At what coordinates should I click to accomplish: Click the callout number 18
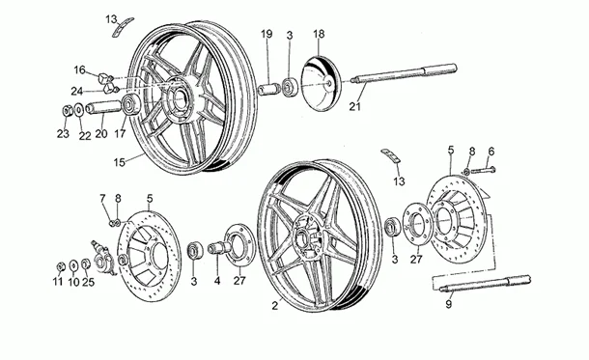click(319, 35)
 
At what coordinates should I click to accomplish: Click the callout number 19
click(267, 35)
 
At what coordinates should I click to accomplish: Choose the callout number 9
click(448, 304)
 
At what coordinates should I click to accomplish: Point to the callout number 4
click(217, 282)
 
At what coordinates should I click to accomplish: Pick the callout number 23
click(63, 134)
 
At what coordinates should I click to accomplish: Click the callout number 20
click(101, 134)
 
